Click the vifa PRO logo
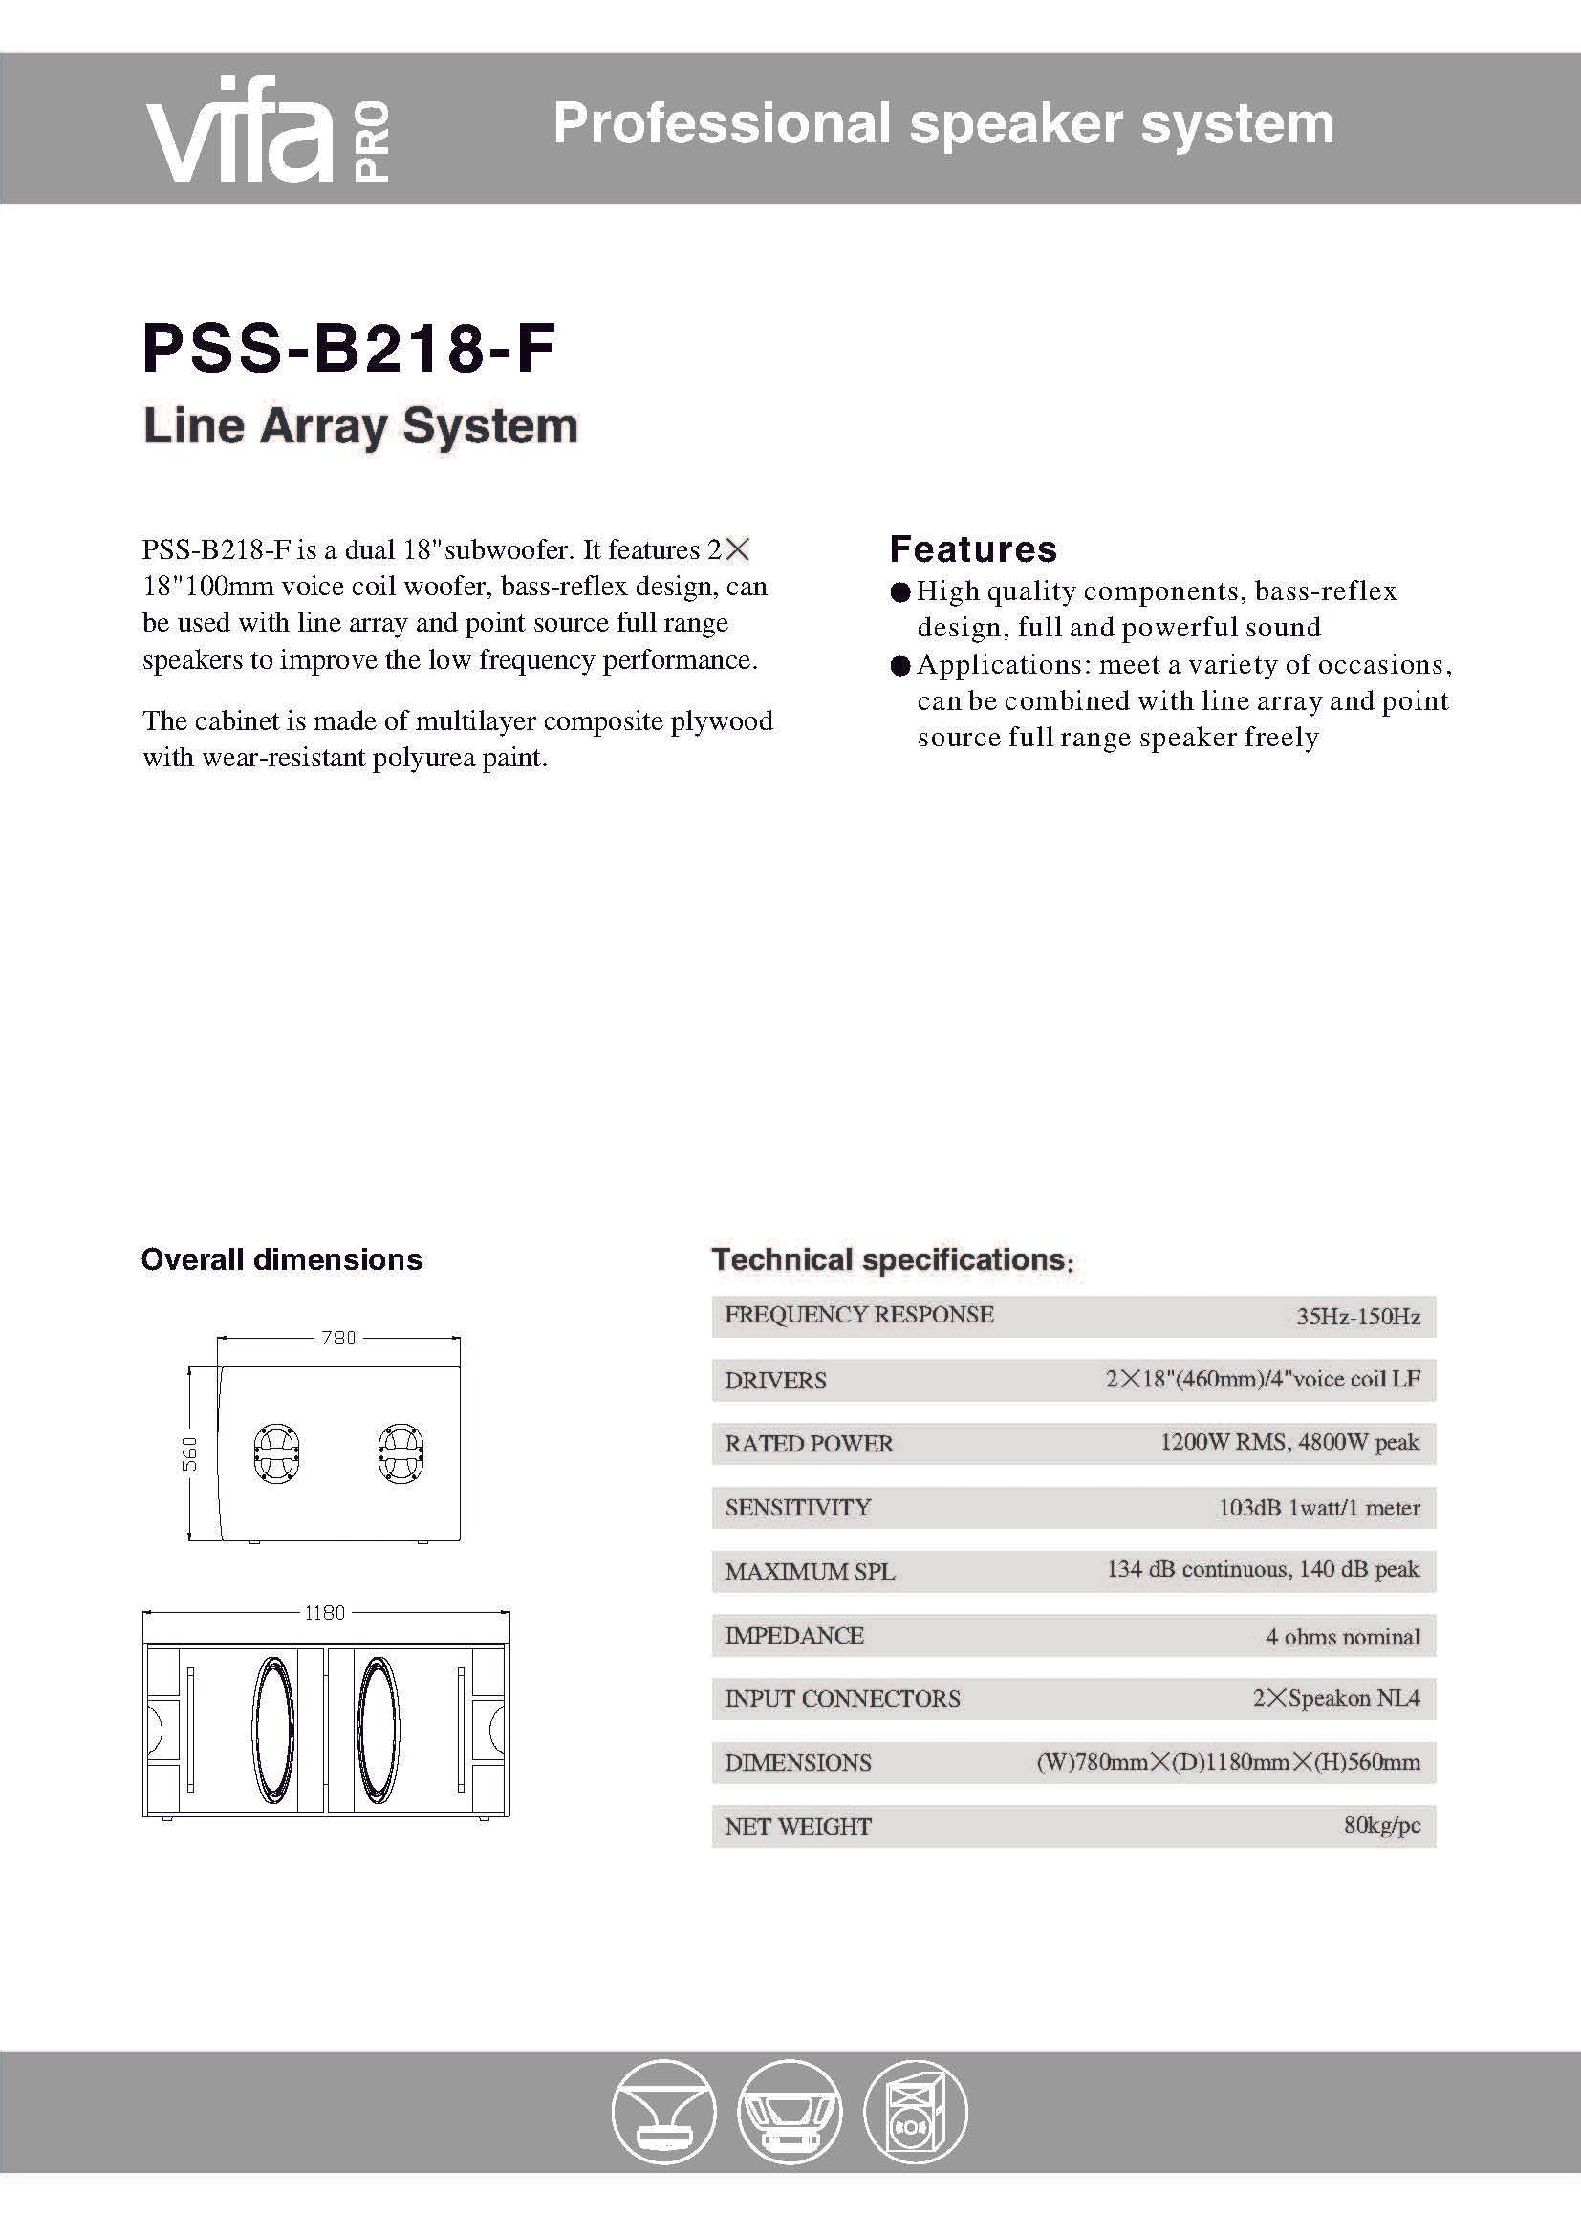click(x=268, y=128)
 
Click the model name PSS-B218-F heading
click(x=349, y=349)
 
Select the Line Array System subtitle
click(x=360, y=426)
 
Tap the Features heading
click(x=972, y=549)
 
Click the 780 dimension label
click(x=338, y=1339)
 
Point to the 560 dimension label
click(x=191, y=1453)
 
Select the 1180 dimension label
click(x=324, y=1613)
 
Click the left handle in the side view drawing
click(x=276, y=1454)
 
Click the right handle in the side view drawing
click(x=400, y=1454)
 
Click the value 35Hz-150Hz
click(x=1358, y=1317)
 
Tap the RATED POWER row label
click(x=808, y=1444)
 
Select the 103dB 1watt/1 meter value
click(x=1319, y=1508)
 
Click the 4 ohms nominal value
click(x=1342, y=1636)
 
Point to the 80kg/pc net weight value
click(x=1381, y=1825)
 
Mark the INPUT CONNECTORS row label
click(x=842, y=1699)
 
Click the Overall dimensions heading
click(x=281, y=1259)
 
